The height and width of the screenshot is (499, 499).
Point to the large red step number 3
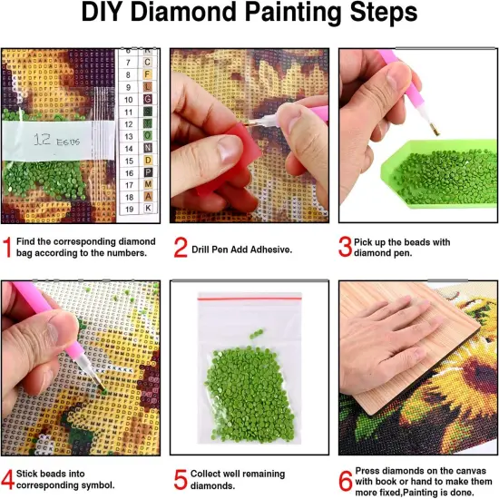[x=346, y=247]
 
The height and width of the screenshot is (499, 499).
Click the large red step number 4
[x=8, y=478]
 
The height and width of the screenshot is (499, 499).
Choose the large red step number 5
[x=180, y=478]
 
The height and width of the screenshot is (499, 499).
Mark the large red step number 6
[x=346, y=478]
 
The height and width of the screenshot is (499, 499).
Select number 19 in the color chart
[x=129, y=209]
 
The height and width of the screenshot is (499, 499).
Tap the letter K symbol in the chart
[x=148, y=209]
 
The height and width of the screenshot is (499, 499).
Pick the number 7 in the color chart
[x=129, y=61]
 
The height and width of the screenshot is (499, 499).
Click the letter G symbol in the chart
[x=148, y=98]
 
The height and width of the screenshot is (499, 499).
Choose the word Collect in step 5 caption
[x=210, y=474]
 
